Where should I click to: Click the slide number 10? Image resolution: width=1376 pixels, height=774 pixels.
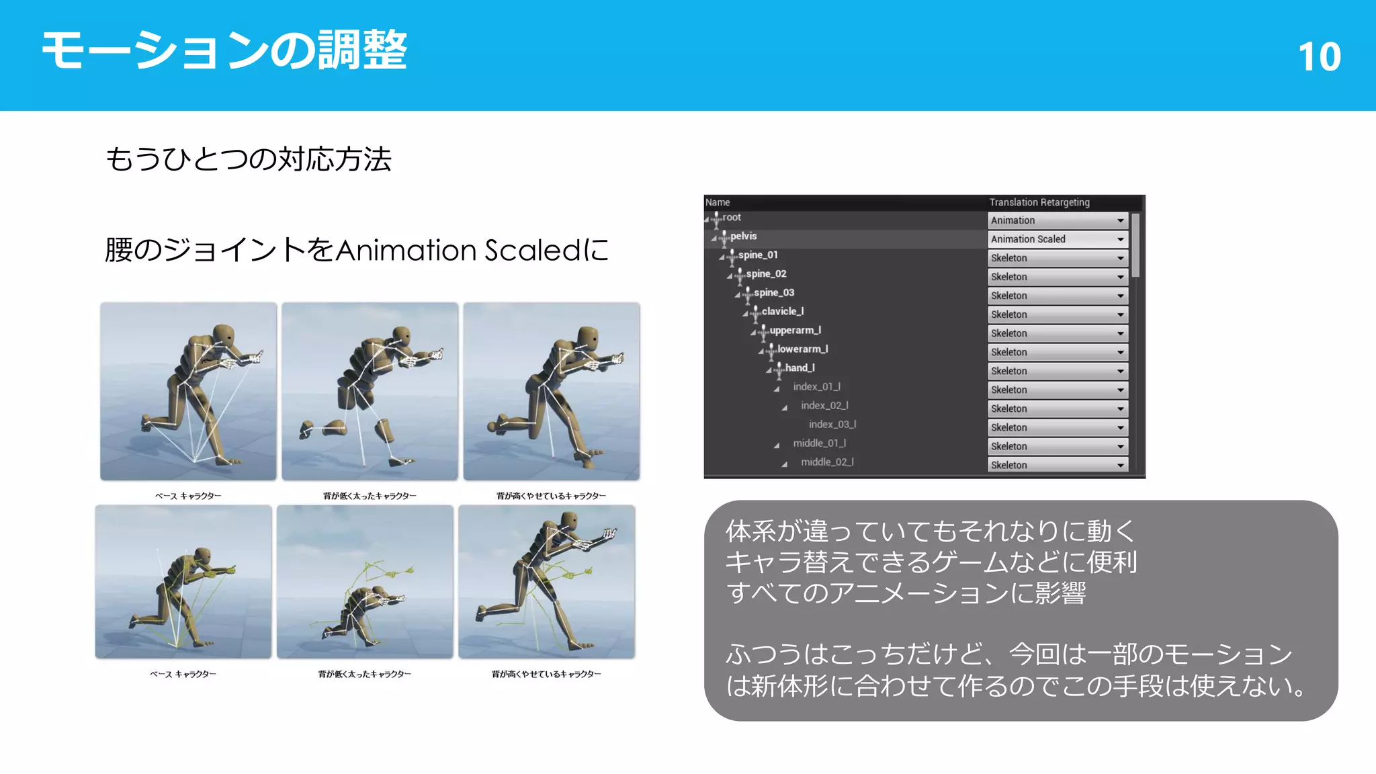(x=1319, y=56)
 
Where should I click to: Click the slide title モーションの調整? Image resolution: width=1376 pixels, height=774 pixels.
(x=224, y=51)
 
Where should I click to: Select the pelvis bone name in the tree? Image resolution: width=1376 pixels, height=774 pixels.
(x=743, y=236)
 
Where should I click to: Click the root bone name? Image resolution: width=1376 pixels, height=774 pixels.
(x=732, y=218)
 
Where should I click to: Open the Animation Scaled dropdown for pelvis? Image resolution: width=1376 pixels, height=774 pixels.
(x=1058, y=239)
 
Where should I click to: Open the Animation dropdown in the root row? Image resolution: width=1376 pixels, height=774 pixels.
(x=1058, y=220)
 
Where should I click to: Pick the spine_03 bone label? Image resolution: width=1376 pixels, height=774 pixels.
(x=773, y=293)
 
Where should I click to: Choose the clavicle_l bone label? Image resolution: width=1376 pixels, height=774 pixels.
(x=782, y=312)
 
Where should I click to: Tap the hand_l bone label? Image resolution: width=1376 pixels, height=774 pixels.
(x=800, y=368)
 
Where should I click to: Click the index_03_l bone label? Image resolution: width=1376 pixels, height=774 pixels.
(x=832, y=425)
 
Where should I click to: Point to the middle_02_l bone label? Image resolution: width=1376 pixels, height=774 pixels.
(x=827, y=462)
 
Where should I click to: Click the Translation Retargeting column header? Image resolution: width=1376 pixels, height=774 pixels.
(x=1039, y=202)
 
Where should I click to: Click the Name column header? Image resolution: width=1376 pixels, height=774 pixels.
(x=718, y=202)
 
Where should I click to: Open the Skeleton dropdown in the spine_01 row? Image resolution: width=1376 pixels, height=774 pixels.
(x=1058, y=258)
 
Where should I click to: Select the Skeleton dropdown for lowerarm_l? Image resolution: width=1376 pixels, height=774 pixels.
(x=1058, y=352)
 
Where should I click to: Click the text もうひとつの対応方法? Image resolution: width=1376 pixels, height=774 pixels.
(x=249, y=160)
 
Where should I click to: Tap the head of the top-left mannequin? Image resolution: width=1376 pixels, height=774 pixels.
(x=224, y=333)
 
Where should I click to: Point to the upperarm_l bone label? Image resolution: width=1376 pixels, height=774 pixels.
(x=795, y=331)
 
